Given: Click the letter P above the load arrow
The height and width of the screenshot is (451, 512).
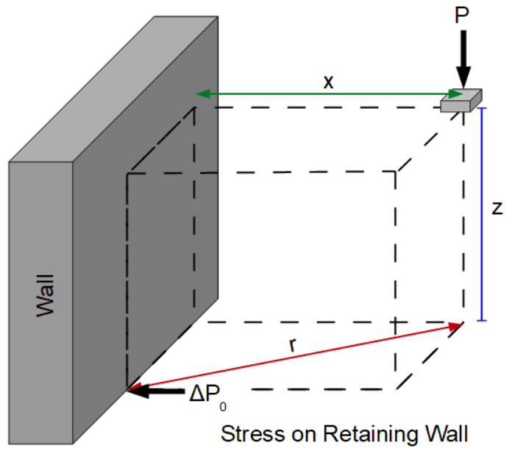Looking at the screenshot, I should [x=462, y=17].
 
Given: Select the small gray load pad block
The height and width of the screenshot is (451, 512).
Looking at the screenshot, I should [x=461, y=101].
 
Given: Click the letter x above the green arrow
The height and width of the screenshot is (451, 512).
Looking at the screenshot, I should [x=329, y=82].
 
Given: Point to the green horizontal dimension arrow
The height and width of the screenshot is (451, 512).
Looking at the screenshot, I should [x=324, y=94].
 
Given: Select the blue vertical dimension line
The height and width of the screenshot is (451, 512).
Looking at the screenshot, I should [x=482, y=213].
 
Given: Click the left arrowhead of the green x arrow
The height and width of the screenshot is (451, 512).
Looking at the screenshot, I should [x=201, y=94].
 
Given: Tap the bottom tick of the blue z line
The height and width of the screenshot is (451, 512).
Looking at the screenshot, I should [x=482, y=321].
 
